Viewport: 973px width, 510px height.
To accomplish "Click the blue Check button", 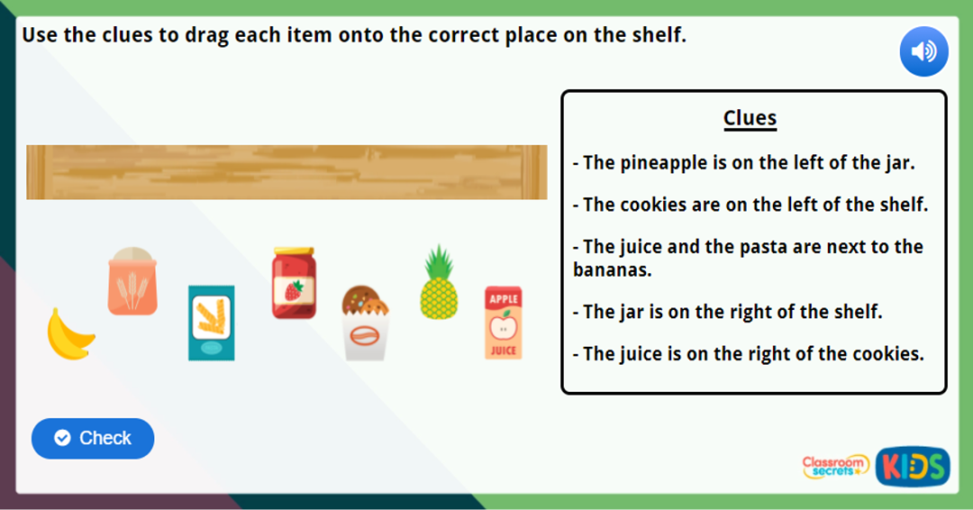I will point(93,438).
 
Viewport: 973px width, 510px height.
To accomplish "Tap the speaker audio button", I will point(923,51).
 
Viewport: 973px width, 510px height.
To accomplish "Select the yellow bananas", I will point(69,335).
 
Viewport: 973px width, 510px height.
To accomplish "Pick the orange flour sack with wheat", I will point(132,282).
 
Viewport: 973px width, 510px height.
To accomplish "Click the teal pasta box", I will point(211,323).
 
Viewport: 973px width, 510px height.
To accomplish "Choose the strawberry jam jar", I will point(294,284).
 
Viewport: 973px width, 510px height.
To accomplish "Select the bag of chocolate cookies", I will point(365,323).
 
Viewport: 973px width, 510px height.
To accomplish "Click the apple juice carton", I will point(503,323).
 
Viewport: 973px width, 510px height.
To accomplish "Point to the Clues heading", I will point(750,118).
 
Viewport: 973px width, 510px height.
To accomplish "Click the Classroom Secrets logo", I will point(835,466).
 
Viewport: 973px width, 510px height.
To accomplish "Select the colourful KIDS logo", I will point(913,466).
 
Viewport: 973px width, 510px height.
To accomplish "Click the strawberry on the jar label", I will point(294,290).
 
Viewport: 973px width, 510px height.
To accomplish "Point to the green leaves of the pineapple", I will point(439,261).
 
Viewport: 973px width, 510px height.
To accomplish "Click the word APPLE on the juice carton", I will point(503,298).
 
